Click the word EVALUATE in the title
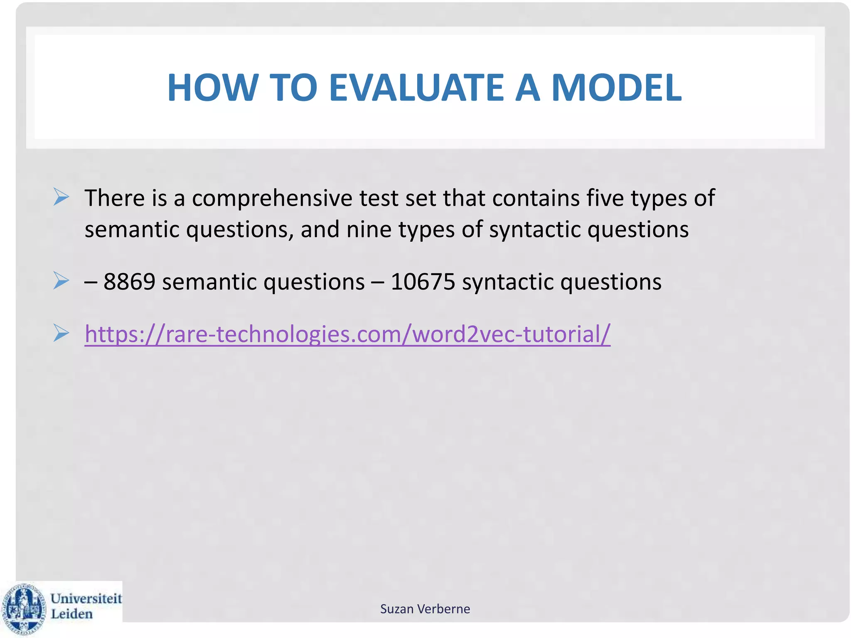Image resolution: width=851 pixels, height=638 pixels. coord(416,88)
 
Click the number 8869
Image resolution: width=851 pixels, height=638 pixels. coord(129,282)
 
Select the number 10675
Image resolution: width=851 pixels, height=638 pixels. coord(423,282)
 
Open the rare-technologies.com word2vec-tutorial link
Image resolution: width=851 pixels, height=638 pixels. coord(347,334)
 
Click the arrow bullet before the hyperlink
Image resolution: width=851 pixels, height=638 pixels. coord(61,333)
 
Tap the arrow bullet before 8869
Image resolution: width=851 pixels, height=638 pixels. coord(61,281)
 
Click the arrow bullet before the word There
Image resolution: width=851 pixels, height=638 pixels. coord(61,197)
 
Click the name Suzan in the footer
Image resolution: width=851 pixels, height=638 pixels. coord(397,609)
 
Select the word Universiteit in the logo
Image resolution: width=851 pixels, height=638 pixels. coord(86,598)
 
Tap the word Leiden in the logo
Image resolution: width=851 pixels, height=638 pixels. coord(71,614)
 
